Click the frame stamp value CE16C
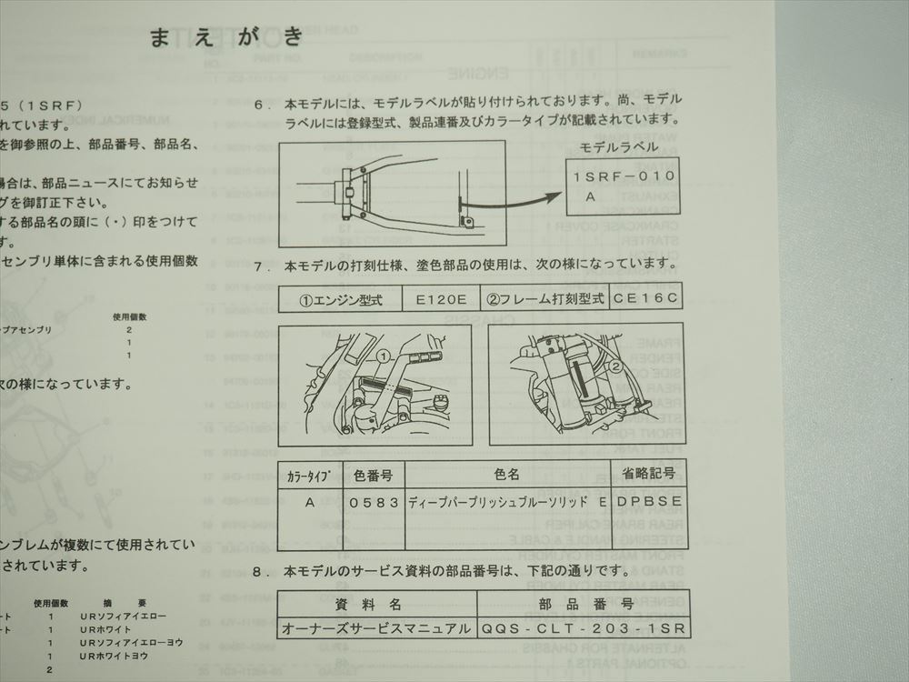coord(645,298)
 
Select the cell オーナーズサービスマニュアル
coord(376,628)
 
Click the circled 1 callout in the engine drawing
coord(385,356)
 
